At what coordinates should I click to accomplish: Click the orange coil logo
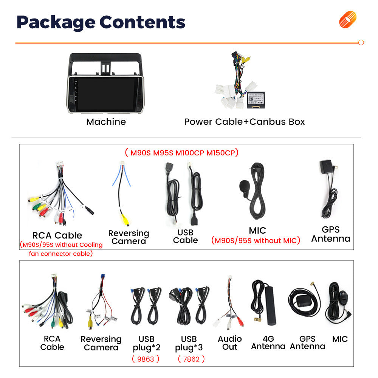[x=347, y=19]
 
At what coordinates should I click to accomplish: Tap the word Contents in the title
[x=142, y=22]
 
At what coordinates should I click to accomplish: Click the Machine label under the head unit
[x=106, y=122]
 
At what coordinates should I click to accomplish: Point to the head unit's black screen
[x=106, y=94]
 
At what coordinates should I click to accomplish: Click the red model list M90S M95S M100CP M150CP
[x=182, y=153]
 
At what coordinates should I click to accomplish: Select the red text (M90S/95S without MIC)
[x=256, y=240]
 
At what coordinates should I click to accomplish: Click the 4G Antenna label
[x=268, y=342]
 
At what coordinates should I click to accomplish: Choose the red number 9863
[x=146, y=359]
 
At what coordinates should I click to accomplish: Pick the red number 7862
[x=191, y=359]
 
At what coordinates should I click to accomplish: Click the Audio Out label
[x=230, y=343]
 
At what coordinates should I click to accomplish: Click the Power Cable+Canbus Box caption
[x=245, y=122]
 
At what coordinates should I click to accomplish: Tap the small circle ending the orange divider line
[x=361, y=43]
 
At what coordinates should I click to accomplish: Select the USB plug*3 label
[x=189, y=343]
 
